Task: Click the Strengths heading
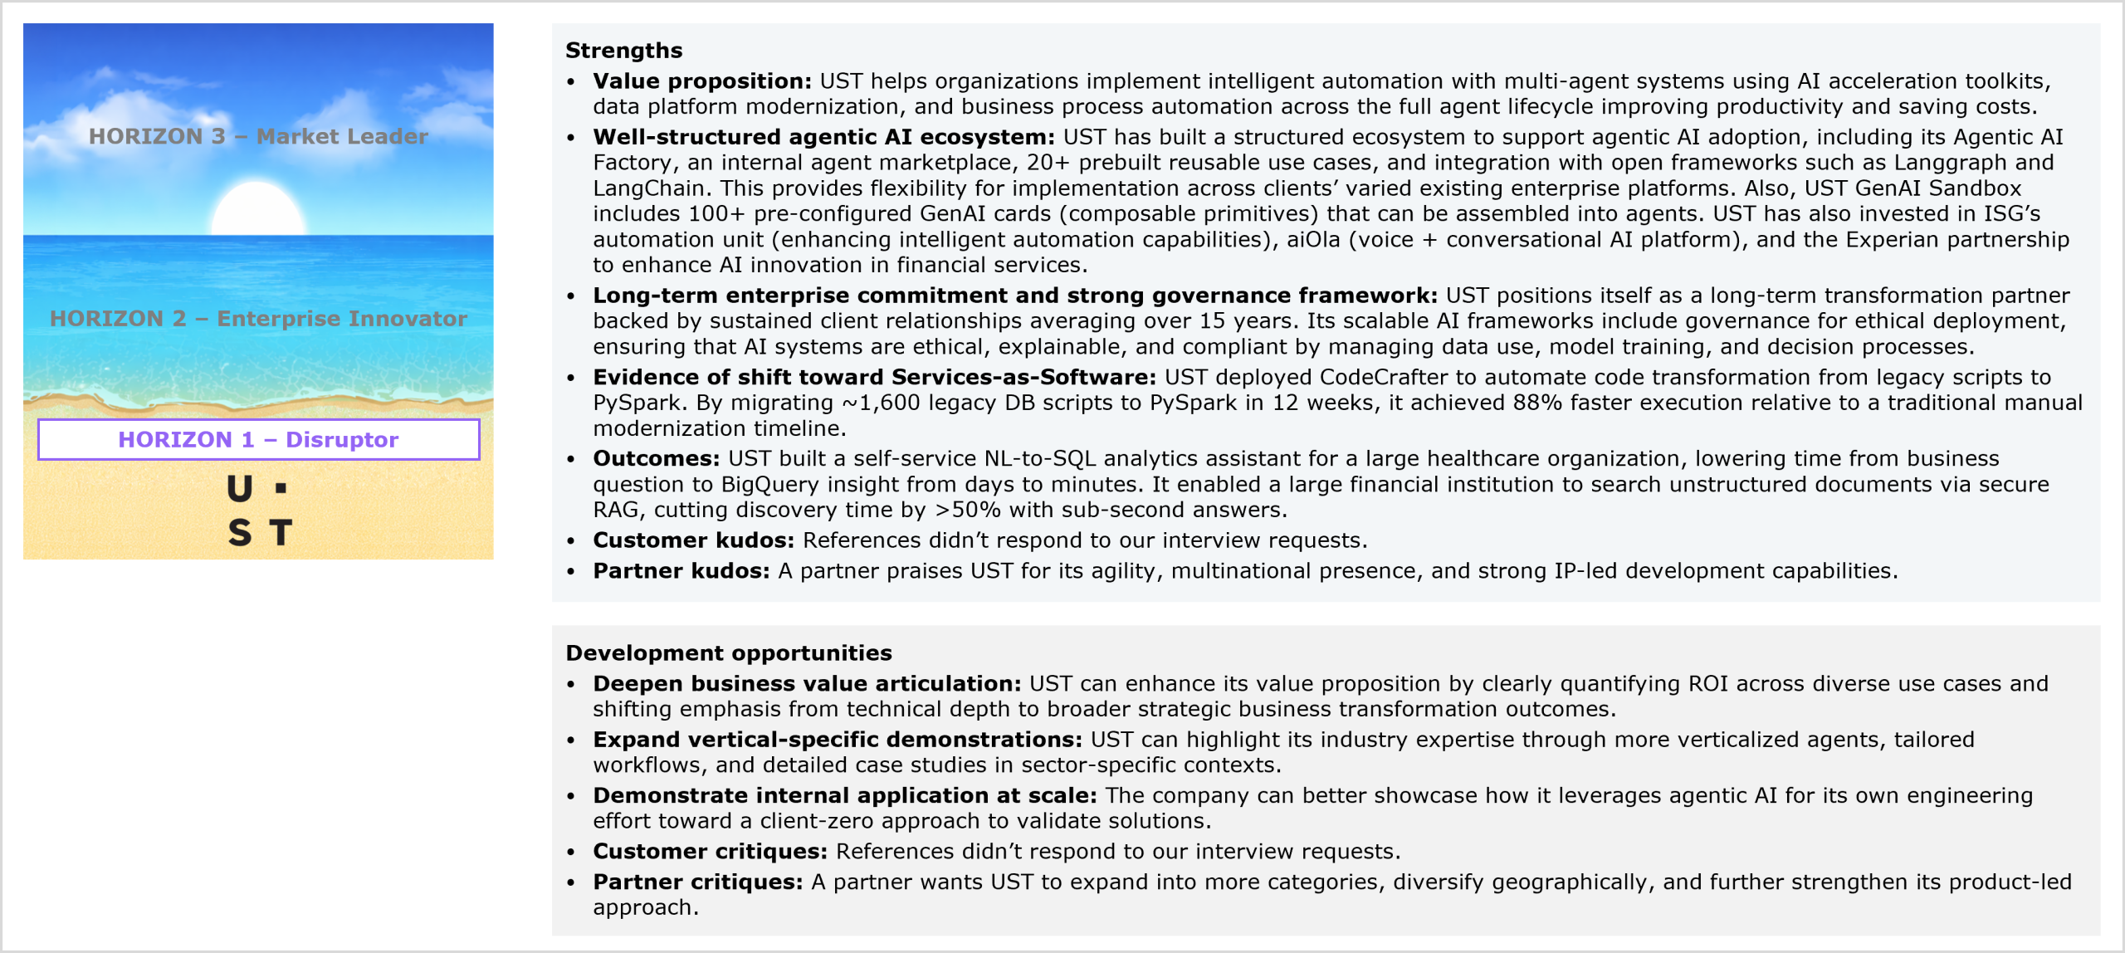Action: [623, 51]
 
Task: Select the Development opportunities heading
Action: [728, 653]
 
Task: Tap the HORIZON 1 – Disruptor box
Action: [258, 439]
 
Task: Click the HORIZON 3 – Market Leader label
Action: [258, 136]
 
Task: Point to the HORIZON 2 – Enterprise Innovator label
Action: [258, 319]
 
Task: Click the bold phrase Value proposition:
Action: [701, 81]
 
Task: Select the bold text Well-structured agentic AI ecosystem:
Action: [823, 137]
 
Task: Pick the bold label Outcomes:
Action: [656, 459]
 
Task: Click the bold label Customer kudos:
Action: [693, 540]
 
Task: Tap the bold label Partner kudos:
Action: [681, 571]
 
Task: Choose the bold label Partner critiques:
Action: [697, 882]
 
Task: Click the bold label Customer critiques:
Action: [710, 852]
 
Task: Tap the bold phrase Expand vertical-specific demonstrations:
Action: [837, 740]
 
